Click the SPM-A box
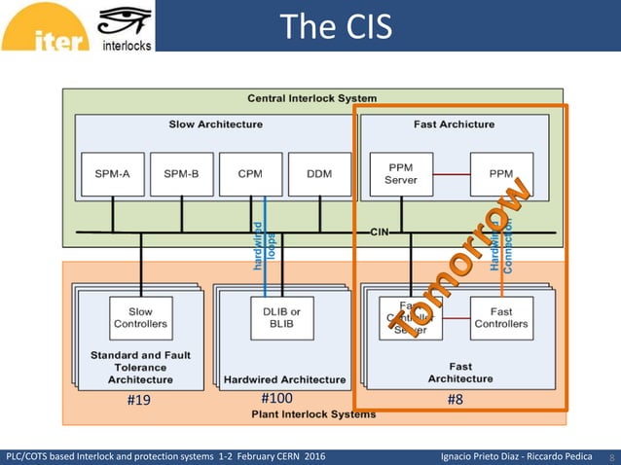point(113,174)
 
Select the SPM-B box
point(182,174)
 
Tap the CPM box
point(251,174)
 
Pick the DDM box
point(320,174)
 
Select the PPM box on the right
point(501,174)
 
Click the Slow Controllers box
point(140,317)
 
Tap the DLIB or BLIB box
point(282,317)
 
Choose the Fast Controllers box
point(501,317)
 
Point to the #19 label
point(139,399)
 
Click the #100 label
point(276,398)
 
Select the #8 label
point(455,399)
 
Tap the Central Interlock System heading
point(311,98)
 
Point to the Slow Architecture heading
point(215,125)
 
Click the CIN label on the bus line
point(380,232)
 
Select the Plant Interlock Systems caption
point(312,414)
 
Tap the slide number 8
point(611,456)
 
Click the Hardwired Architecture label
point(284,379)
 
